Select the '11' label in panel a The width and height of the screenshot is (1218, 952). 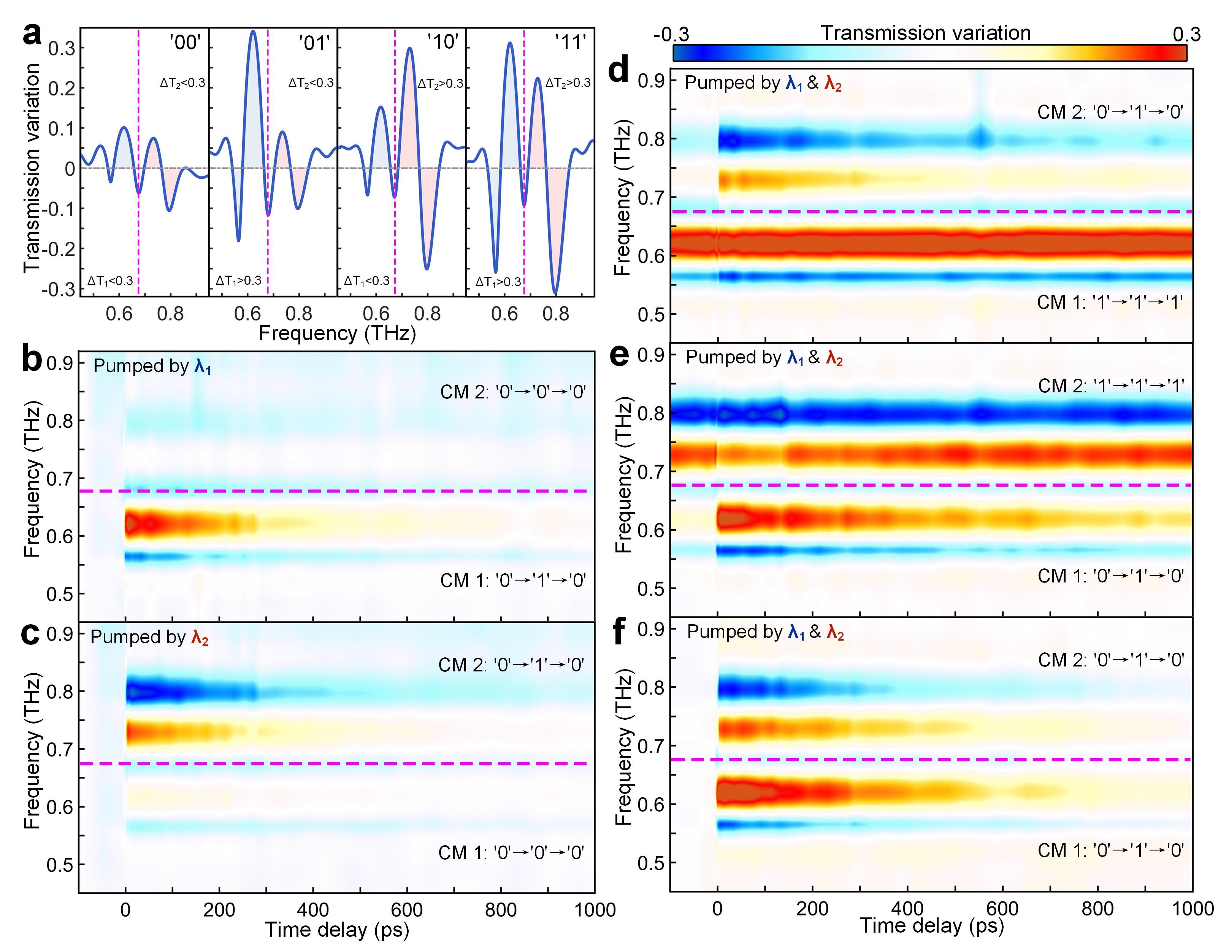pyautogui.click(x=571, y=42)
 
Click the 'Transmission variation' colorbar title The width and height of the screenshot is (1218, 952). pyautogui.click(x=925, y=33)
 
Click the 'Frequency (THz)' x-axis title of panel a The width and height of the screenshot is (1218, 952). pyautogui.click(x=338, y=333)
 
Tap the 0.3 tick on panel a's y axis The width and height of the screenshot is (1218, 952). pyautogui.click(x=61, y=49)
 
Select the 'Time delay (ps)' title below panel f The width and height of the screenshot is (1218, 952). pyautogui.click(x=931, y=926)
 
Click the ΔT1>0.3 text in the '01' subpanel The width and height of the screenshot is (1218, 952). pyautogui.click(x=239, y=281)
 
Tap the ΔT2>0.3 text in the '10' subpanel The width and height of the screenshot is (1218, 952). pyautogui.click(x=441, y=84)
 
